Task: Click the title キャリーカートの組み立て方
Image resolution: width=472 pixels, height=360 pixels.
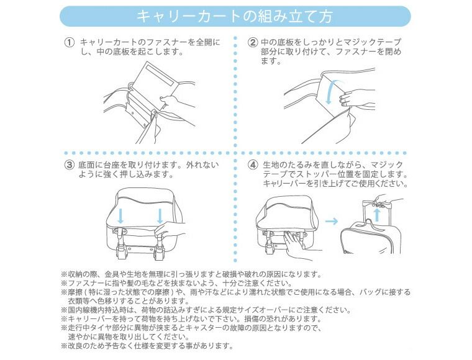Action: point(235,17)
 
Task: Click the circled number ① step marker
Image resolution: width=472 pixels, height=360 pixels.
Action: point(70,42)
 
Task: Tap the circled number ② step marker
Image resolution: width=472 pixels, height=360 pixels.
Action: point(252,42)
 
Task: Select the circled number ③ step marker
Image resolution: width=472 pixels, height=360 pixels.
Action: point(70,165)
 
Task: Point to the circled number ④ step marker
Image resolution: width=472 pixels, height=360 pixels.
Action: point(253,165)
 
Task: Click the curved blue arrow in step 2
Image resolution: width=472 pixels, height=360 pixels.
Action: point(329,92)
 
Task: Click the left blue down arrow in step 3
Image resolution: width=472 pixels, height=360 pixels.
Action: point(120,216)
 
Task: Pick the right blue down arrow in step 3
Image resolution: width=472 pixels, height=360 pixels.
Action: point(160,216)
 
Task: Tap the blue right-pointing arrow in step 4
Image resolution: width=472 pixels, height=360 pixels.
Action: point(332,222)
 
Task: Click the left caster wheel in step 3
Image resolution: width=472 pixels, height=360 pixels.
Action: point(121,252)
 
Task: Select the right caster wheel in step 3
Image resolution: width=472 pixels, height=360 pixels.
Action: point(159,253)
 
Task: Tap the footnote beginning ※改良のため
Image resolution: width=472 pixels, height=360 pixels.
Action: point(147,345)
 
